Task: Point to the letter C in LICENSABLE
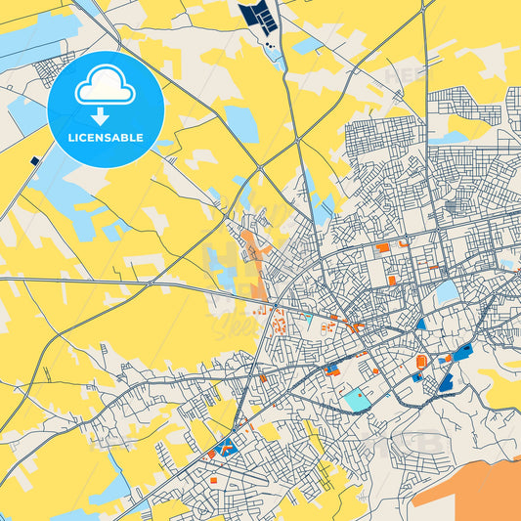click(x=84, y=137)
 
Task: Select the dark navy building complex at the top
click(x=259, y=16)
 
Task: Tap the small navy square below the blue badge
click(x=35, y=160)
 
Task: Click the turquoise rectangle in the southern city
click(x=357, y=399)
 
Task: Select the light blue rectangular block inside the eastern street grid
click(x=447, y=291)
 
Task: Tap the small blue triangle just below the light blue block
click(x=421, y=323)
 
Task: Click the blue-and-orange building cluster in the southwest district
click(x=225, y=450)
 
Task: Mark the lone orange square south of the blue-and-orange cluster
click(x=213, y=480)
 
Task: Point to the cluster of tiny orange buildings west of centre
click(x=279, y=323)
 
